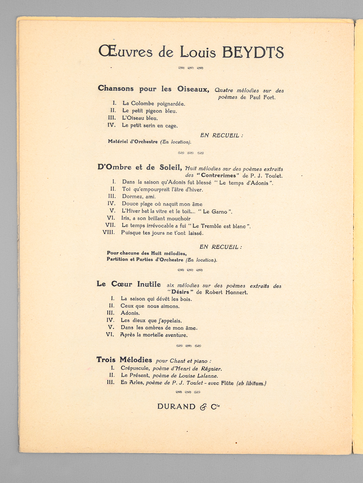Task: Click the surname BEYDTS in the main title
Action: click(x=253, y=52)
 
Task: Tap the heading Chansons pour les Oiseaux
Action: click(x=153, y=89)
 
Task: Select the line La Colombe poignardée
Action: click(x=154, y=104)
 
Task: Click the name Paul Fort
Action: click(x=262, y=97)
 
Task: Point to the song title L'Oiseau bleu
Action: click(x=140, y=118)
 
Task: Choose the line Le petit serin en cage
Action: click(x=150, y=125)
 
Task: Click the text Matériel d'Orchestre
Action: click(x=133, y=142)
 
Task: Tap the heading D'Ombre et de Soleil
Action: click(x=140, y=168)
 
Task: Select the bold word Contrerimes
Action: click(x=218, y=175)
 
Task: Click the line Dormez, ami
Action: click(x=139, y=197)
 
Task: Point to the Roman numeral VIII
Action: click(x=109, y=232)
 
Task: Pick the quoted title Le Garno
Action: click(x=215, y=212)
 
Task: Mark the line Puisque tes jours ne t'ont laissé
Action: click(x=162, y=233)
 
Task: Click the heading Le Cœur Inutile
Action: click(x=129, y=284)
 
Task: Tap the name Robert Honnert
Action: click(x=226, y=292)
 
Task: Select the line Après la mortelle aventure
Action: click(x=154, y=335)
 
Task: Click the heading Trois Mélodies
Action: click(x=124, y=360)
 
